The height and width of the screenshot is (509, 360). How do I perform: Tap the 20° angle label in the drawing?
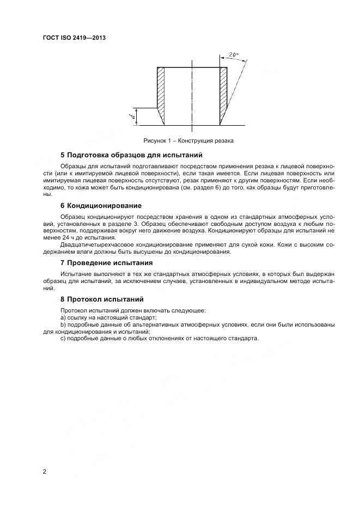pyautogui.click(x=234, y=56)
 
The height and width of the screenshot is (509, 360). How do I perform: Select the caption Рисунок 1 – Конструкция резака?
pyautogui.click(x=188, y=140)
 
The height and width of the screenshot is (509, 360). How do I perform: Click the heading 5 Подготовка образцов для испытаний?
pyautogui.click(x=131, y=155)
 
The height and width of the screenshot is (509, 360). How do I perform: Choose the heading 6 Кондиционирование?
pyautogui.click(x=101, y=206)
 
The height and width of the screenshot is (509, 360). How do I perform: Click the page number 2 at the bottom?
pyautogui.click(x=44, y=471)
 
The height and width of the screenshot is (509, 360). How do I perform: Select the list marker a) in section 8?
pyautogui.click(x=63, y=317)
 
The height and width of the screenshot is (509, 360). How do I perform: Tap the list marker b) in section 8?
pyautogui.click(x=63, y=324)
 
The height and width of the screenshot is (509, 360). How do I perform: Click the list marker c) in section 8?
pyautogui.click(x=63, y=338)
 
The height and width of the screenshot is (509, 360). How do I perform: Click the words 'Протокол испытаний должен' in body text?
pyautogui.click(x=98, y=310)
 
